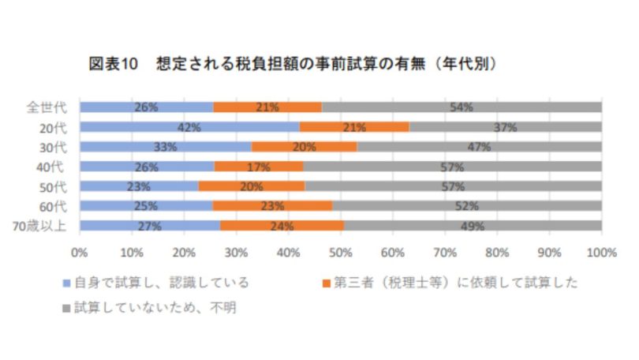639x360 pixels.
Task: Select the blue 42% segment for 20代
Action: tap(189, 126)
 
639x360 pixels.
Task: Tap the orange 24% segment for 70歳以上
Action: tap(282, 226)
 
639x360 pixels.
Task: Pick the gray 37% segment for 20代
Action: tap(505, 126)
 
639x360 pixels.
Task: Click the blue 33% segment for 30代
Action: tap(165, 147)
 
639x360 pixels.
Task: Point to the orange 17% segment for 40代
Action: tap(259, 167)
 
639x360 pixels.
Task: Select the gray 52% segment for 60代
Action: tap(466, 206)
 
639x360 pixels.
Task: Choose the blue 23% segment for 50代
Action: tap(139, 186)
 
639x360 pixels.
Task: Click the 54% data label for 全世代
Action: tap(461, 107)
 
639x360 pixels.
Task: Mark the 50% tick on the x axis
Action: tap(340, 253)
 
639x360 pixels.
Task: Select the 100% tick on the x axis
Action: tap(601, 253)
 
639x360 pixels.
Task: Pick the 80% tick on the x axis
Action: tap(497, 253)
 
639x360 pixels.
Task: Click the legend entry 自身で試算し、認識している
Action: tap(162, 283)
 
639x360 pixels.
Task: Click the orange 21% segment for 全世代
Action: tap(267, 107)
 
